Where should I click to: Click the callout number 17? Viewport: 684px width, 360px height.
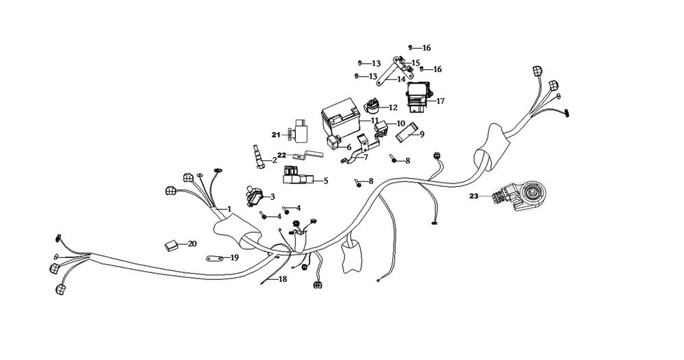pos(440,101)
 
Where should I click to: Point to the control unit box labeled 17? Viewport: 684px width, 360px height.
pos(418,96)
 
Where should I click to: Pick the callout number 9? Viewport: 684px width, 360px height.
pos(422,134)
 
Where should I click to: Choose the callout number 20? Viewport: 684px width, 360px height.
pos(192,243)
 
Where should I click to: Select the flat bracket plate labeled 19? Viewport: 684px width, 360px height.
pos(214,259)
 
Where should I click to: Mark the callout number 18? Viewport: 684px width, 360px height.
pos(283,279)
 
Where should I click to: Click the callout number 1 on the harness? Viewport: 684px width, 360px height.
pos(230,208)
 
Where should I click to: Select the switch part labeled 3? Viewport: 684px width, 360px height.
pos(254,197)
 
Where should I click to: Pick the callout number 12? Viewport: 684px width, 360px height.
pos(392,107)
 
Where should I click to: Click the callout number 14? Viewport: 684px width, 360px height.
pos(401,79)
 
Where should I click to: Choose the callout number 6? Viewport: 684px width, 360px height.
pos(349,147)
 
